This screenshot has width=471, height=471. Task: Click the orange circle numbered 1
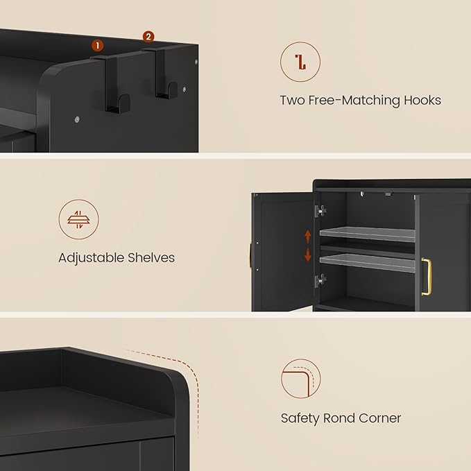(97, 45)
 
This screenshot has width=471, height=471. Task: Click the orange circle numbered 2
(148, 36)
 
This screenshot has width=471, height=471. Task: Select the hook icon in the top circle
(300, 62)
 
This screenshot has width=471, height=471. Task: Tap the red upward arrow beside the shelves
(308, 236)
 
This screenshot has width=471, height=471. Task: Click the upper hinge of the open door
(320, 210)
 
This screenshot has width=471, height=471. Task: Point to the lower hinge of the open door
(320, 280)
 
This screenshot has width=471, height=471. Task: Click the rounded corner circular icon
(300, 379)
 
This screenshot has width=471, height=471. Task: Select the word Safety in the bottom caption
(299, 418)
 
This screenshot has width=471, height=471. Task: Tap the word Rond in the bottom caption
(338, 418)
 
